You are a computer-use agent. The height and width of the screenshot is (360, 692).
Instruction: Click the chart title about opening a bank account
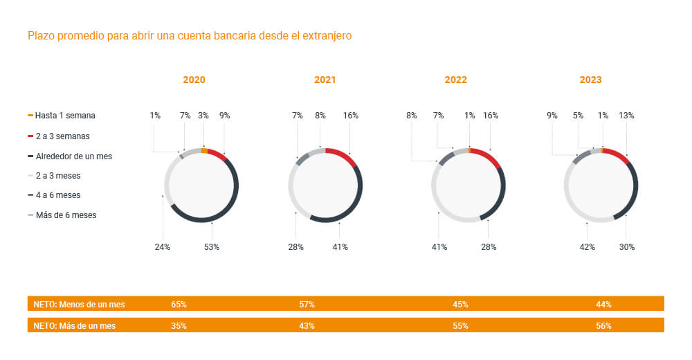[190, 35]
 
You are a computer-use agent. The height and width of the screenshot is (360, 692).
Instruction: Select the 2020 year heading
[194, 80]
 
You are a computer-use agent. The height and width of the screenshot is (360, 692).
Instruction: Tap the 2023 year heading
[590, 80]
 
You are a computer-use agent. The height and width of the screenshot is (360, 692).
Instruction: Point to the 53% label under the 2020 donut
[211, 247]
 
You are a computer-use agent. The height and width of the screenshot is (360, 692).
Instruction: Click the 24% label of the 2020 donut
[163, 247]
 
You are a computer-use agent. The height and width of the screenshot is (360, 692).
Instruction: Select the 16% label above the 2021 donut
[351, 116]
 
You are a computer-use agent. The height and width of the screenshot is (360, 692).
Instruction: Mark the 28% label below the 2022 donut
[489, 247]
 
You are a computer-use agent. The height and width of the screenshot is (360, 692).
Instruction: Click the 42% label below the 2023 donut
[587, 247]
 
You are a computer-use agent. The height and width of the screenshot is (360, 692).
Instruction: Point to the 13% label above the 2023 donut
[626, 116]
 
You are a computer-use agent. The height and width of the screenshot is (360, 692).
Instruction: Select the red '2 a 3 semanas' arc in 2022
[489, 156]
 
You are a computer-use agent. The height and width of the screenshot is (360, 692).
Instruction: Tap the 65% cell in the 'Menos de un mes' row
[179, 304]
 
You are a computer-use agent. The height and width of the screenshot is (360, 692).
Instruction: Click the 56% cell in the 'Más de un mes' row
[603, 325]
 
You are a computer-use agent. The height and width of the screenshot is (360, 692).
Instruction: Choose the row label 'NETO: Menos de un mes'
[80, 304]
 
